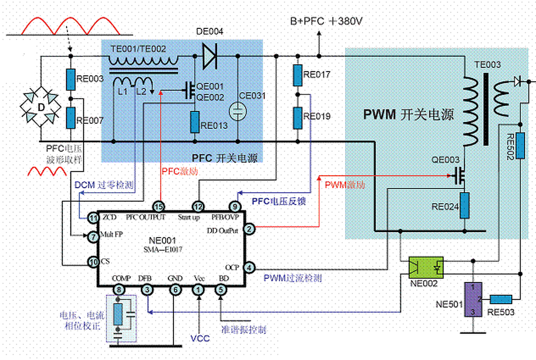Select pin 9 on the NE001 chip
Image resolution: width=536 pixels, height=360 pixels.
pos(235,206)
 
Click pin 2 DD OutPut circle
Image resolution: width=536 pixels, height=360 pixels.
pos(249,229)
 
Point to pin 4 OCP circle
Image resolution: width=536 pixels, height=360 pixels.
pos(249,267)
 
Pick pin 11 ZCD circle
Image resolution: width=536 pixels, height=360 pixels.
pos(93,217)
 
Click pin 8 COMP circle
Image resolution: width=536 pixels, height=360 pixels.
pos(120,289)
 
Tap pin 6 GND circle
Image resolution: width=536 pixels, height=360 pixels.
pos(175,289)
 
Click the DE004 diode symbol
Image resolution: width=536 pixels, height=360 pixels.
pos(209,57)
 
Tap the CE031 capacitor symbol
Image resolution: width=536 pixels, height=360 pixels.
pos(237,111)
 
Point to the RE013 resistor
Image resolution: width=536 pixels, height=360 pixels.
pos(195,121)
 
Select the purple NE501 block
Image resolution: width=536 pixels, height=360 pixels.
pos(472,299)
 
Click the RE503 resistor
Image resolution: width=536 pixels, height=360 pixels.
pos(501,299)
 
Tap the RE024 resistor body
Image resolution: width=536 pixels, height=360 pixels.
pos(464,206)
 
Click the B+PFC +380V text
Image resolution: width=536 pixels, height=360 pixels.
pos(326,21)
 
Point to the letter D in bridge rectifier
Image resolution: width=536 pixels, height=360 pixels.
pos(41,107)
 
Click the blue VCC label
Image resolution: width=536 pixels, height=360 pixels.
pos(200,338)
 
